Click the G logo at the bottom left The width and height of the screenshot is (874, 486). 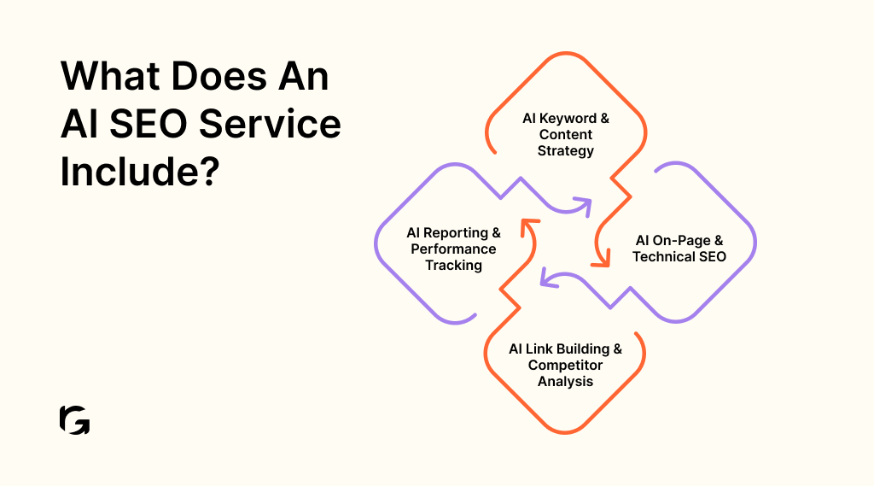(x=75, y=420)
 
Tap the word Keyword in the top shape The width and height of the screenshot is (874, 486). (x=568, y=119)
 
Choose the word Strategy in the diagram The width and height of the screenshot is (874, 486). (x=565, y=151)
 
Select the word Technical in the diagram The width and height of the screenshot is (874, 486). (x=661, y=256)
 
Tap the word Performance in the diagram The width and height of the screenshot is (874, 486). (x=453, y=249)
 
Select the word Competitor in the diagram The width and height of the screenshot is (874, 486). (x=565, y=365)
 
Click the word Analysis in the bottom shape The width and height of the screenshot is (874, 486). (x=565, y=381)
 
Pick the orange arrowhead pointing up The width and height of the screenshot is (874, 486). (x=528, y=225)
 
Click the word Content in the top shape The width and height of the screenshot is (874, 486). (x=565, y=135)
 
